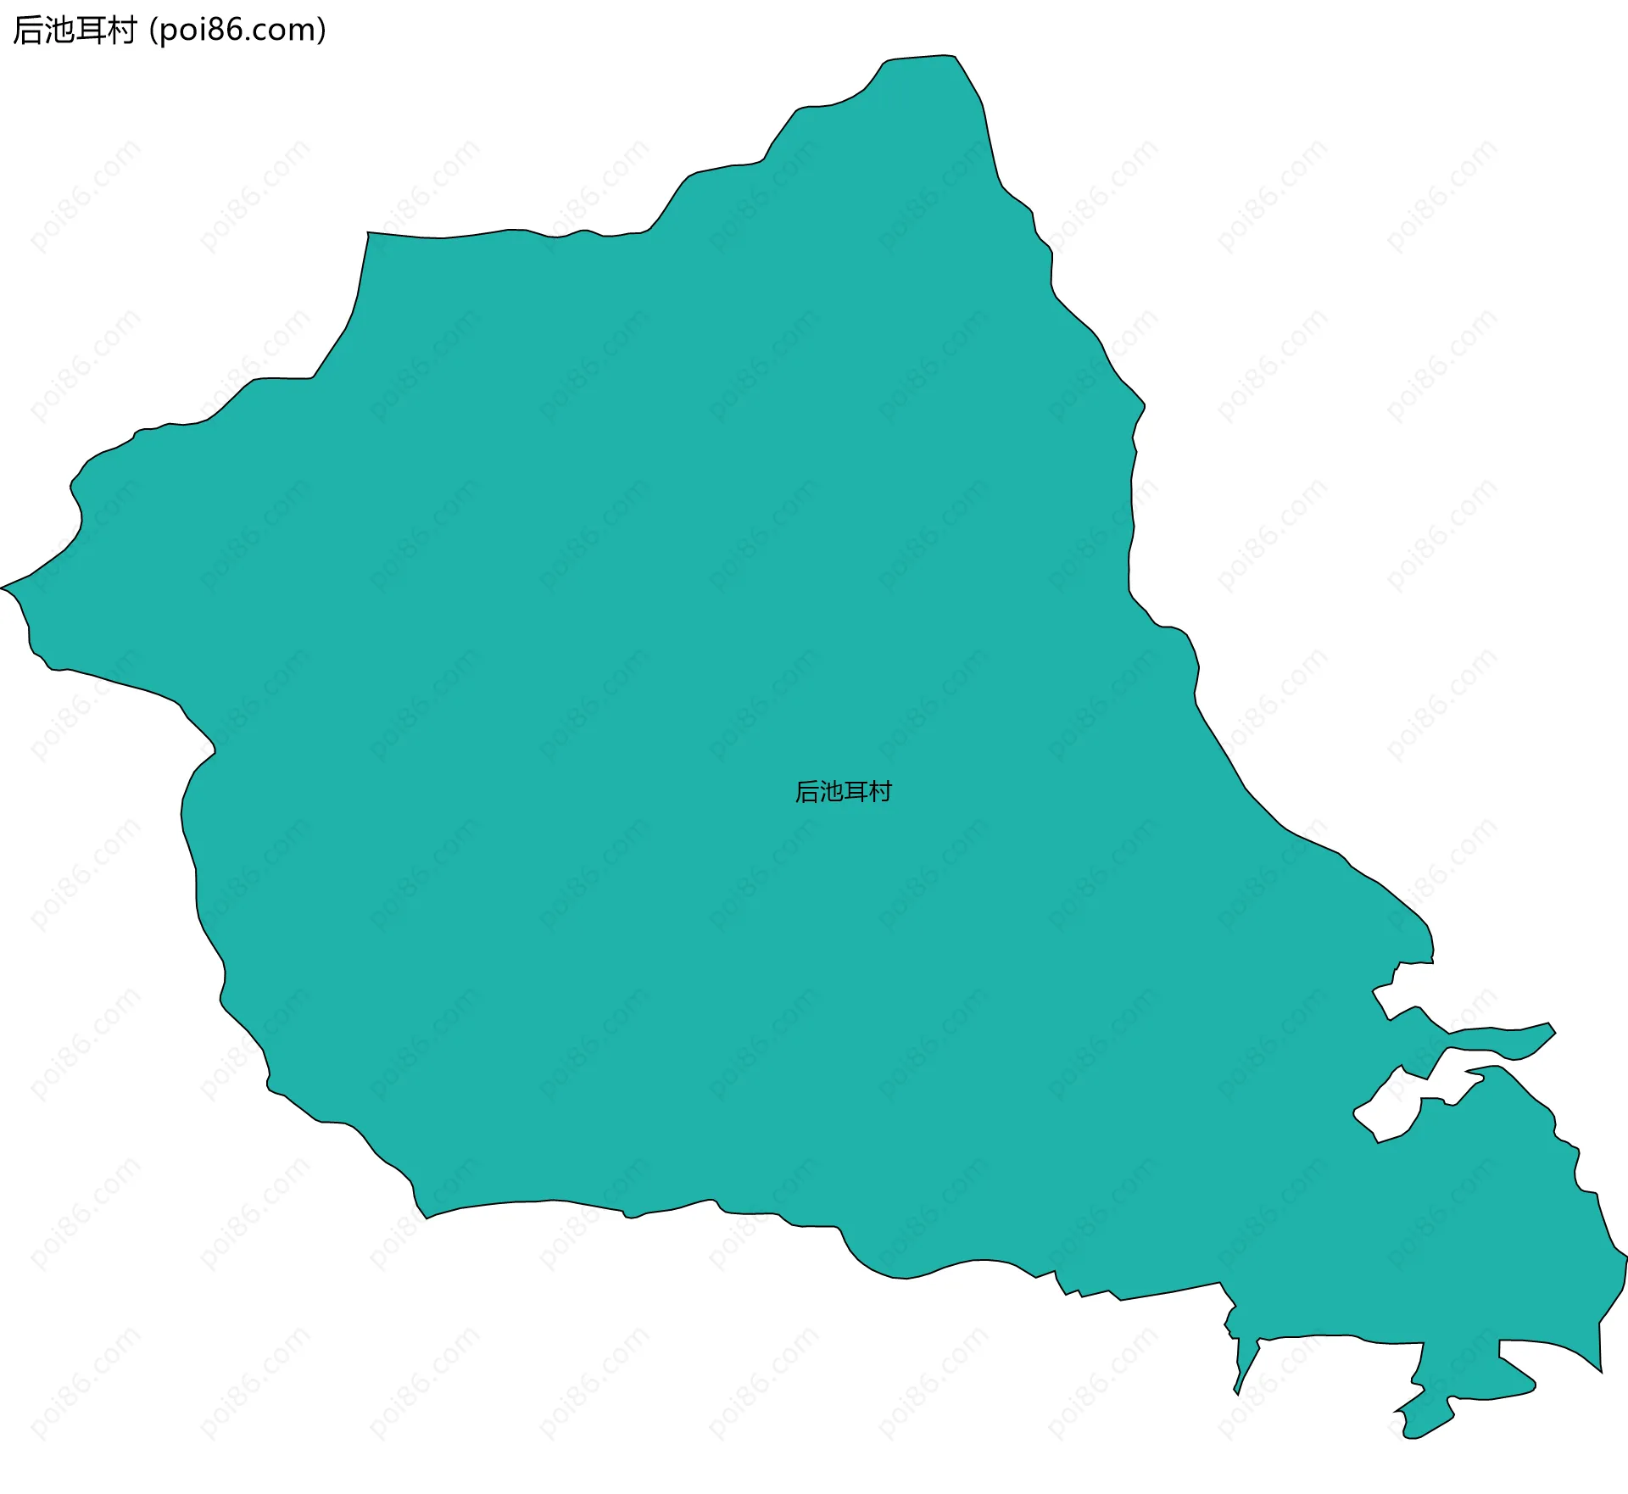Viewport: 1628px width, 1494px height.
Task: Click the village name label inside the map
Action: tap(843, 792)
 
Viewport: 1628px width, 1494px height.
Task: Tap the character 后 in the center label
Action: tap(807, 792)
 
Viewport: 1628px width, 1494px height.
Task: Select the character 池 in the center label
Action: tap(832, 792)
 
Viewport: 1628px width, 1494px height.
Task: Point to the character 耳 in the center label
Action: tap(856, 792)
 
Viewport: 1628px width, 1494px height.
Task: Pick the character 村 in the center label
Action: tap(881, 792)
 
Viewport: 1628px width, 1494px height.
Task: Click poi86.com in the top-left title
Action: tap(237, 31)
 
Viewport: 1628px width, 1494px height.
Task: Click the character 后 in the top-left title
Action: tap(28, 31)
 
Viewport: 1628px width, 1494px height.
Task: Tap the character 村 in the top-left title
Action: tap(121, 31)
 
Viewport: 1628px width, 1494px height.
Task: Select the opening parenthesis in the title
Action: tap(153, 31)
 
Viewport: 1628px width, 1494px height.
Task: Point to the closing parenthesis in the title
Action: tap(321, 31)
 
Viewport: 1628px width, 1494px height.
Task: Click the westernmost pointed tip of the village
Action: tap(3, 587)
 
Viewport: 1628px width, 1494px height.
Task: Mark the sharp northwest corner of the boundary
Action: tap(368, 233)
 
